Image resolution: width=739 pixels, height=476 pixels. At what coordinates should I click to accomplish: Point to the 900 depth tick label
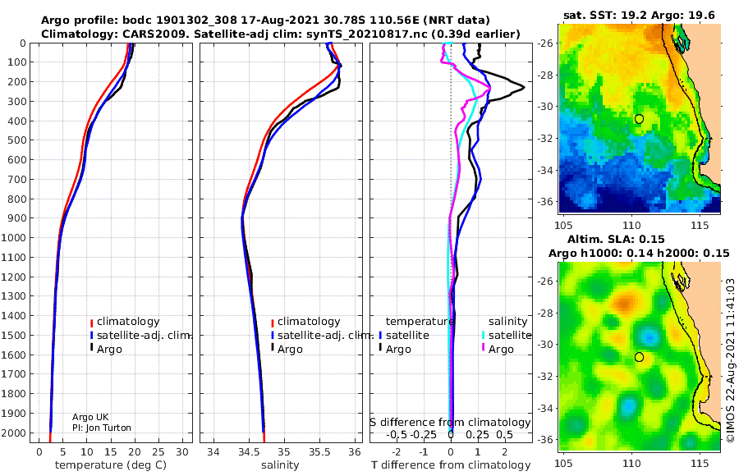17,218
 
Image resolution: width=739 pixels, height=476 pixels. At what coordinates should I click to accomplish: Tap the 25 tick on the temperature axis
158,452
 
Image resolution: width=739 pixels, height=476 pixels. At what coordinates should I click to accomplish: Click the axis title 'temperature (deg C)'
111,465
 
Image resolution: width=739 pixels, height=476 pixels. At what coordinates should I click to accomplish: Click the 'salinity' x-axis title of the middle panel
280,465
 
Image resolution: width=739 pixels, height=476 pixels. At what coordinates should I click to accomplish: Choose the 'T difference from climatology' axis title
451,465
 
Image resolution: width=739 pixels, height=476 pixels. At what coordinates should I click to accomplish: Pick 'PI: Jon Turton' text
102,428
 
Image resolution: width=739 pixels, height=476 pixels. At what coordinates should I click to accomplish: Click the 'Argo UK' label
90,417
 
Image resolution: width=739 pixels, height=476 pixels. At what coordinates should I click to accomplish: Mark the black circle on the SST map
639,119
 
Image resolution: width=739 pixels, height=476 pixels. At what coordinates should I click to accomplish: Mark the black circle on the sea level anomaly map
639,357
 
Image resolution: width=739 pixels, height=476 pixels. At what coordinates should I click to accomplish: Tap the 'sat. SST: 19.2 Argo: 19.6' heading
639,16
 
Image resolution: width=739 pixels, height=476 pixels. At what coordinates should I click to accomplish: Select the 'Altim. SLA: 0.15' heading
616,239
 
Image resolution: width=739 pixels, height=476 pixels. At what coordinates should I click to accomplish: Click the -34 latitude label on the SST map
546,170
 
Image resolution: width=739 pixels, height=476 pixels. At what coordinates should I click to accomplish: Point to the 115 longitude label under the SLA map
700,463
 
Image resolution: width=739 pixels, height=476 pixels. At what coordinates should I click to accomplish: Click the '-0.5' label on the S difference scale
397,434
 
